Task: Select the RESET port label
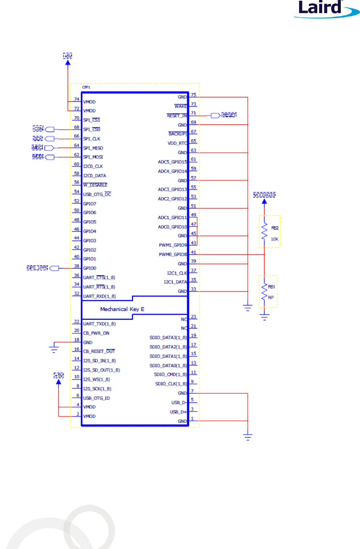pyautogui.click(x=229, y=115)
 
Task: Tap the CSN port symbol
pyautogui.click(x=50, y=130)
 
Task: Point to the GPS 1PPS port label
pyautogui.click(x=37, y=268)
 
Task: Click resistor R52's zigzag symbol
pyautogui.click(x=264, y=232)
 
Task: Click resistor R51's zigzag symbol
pyautogui.click(x=264, y=292)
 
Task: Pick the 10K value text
pyautogui.click(x=275, y=239)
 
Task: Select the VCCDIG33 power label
pyautogui.click(x=264, y=195)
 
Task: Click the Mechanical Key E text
pyautogui.click(x=122, y=309)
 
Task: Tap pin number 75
pyautogui.click(x=194, y=95)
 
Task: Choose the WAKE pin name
pyautogui.click(x=181, y=106)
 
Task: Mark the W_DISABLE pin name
pyautogui.click(x=95, y=185)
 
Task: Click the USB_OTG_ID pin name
pyautogui.click(x=96, y=398)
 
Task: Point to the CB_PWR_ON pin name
pyautogui.click(x=96, y=333)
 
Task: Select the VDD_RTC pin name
pyautogui.click(x=177, y=143)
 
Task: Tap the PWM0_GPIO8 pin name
pyautogui.click(x=173, y=254)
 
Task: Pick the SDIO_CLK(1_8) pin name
pyautogui.click(x=171, y=384)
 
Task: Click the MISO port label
pyautogui.click(x=37, y=148)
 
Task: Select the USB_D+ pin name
pyautogui.click(x=178, y=412)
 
